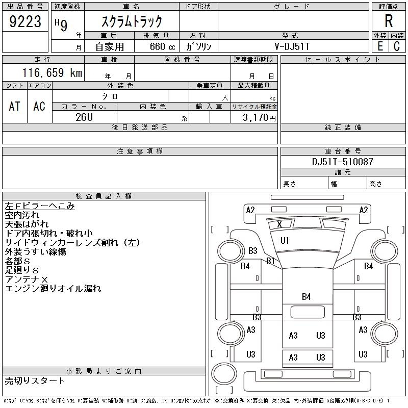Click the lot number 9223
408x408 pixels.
(25, 22)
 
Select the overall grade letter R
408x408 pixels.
(389, 21)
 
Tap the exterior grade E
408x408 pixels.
(380, 46)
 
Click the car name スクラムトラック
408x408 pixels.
(132, 21)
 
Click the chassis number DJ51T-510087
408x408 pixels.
(343, 162)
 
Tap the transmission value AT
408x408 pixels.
(15, 106)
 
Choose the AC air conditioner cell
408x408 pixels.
(39, 106)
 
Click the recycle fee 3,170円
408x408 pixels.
(260, 118)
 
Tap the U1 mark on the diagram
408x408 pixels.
(285, 240)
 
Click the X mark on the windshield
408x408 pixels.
(279, 224)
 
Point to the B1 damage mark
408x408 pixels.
(270, 261)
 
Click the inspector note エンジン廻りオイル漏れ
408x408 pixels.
(53, 289)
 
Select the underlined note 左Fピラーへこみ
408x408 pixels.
(40, 206)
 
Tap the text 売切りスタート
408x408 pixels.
(35, 380)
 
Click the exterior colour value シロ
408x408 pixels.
(110, 96)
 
